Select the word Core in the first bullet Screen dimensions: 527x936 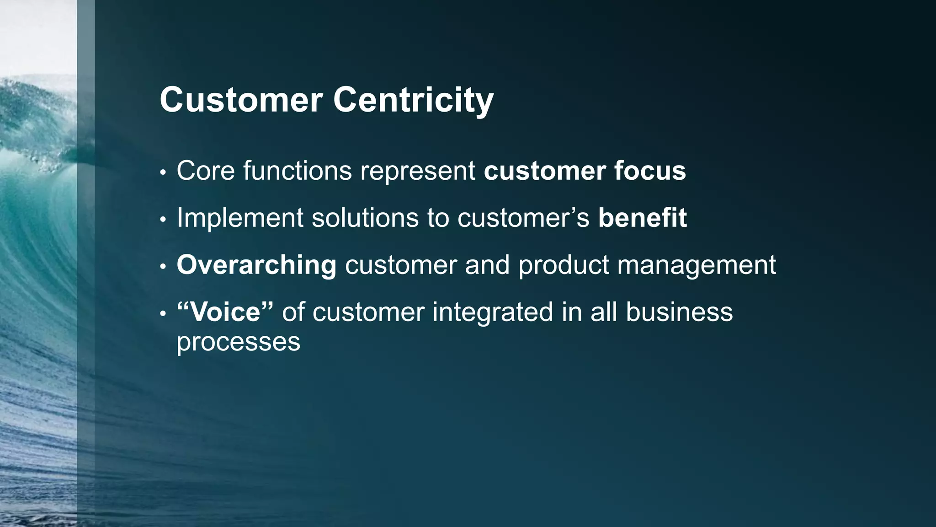tap(205, 171)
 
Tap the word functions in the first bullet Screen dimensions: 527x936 tap(298, 171)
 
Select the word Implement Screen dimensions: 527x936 tap(240, 218)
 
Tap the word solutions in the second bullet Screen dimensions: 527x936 tap(365, 218)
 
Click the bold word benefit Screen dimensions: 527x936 tap(642, 218)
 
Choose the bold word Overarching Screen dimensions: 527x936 tap(256, 265)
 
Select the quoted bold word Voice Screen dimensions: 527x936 tap(225, 312)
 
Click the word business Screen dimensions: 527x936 tap(679, 312)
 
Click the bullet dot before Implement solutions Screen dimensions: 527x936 tap(162, 220)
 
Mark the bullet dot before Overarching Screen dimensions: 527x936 tap(162, 267)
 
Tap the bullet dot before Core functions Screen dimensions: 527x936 tap(162, 173)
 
